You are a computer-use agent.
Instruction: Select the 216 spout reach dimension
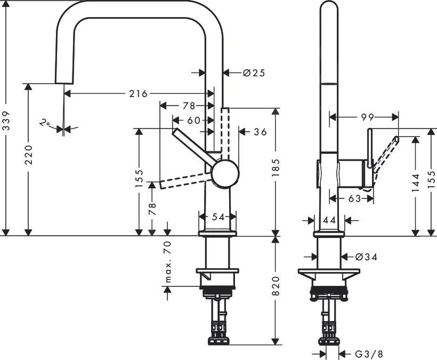point(137,93)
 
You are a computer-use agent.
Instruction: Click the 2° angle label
point(46,124)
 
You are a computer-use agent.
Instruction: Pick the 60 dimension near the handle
point(193,120)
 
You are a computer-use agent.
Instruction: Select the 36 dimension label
point(259,131)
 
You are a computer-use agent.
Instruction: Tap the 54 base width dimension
point(217,217)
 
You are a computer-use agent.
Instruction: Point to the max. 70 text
point(168,261)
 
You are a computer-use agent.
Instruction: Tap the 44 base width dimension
point(328,220)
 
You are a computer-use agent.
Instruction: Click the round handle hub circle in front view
point(225,174)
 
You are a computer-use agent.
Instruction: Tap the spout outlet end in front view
point(64,80)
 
